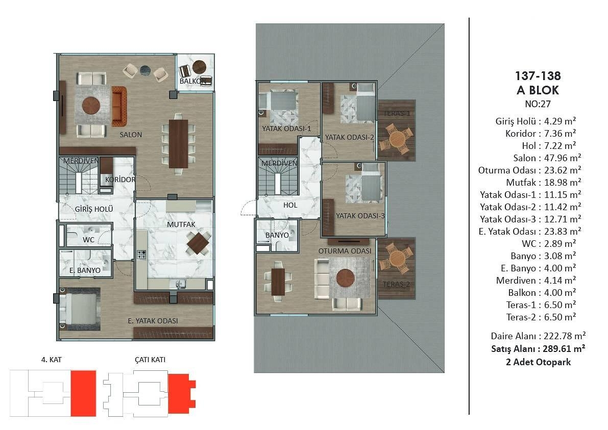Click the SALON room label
tap(131, 135)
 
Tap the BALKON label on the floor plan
tap(193, 81)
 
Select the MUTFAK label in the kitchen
tap(181, 224)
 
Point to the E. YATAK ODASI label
tap(153, 321)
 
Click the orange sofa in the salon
tap(119, 106)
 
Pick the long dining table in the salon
tap(178, 144)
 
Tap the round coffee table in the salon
tap(91, 106)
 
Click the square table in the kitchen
tap(198, 243)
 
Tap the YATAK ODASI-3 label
tap(360, 216)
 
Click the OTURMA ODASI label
tap(345, 251)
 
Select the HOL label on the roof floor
tap(290, 206)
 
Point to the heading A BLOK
tap(538, 90)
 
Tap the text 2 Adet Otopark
tap(538, 362)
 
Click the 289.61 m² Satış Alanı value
tap(564, 349)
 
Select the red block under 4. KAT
tap(83, 393)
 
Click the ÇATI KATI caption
tap(150, 360)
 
